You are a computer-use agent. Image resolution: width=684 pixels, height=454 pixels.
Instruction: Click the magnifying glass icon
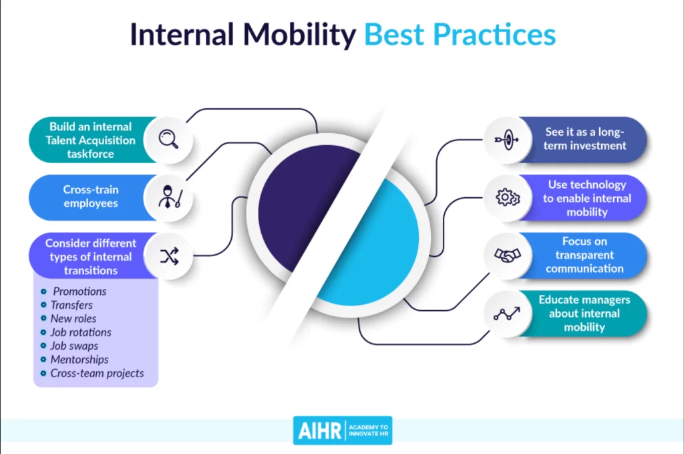pos(168,140)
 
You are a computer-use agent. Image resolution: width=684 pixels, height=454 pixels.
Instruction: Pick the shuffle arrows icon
pos(168,255)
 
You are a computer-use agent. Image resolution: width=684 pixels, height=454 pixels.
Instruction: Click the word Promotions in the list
pos(79,292)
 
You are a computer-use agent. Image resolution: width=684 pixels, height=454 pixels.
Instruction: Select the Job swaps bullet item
pos(74,346)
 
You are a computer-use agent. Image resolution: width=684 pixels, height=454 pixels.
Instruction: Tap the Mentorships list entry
pos(79,360)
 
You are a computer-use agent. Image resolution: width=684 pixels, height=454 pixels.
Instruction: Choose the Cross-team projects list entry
pos(97,373)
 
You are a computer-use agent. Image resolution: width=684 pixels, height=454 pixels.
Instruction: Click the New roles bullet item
pos(73,319)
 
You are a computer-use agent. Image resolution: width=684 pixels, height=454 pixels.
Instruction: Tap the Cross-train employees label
pos(90,197)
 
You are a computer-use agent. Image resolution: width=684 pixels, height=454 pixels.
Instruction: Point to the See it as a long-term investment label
pos(585,139)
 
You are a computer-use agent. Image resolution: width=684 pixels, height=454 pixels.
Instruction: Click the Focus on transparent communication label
pos(584,255)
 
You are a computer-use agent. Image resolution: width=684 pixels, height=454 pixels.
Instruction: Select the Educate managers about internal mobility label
pos(584,313)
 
